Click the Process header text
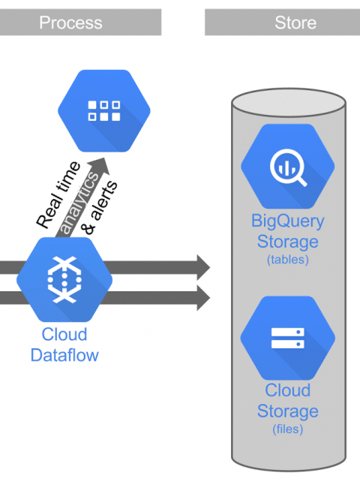tap(70, 23)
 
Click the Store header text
tap(295, 23)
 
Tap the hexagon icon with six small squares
tap(104, 111)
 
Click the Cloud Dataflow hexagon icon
tap(64, 279)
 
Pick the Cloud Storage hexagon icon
tap(288, 338)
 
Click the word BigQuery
tap(288, 221)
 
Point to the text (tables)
tap(288, 259)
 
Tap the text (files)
tap(288, 429)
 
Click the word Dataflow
tap(64, 355)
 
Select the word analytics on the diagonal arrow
tap(79, 203)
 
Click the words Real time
tap(58, 195)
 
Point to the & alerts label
tap(100, 207)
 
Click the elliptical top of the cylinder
tap(289, 104)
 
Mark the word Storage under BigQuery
tap(288, 242)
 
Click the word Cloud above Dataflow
tap(64, 335)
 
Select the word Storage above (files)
tap(288, 411)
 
